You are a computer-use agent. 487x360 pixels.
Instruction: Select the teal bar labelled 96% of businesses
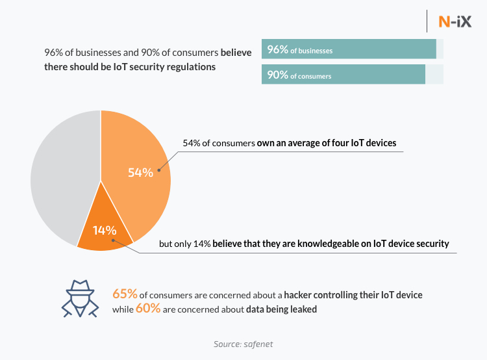click(349, 49)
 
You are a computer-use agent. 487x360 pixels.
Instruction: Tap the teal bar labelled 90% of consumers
click(343, 75)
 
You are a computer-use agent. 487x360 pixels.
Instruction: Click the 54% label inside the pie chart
click(140, 172)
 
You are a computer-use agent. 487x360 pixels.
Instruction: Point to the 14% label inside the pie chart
click(104, 230)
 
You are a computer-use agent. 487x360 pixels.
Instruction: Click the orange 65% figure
click(125, 294)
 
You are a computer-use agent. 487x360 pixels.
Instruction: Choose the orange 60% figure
click(148, 309)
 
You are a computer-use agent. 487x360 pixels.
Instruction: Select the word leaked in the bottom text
click(303, 310)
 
